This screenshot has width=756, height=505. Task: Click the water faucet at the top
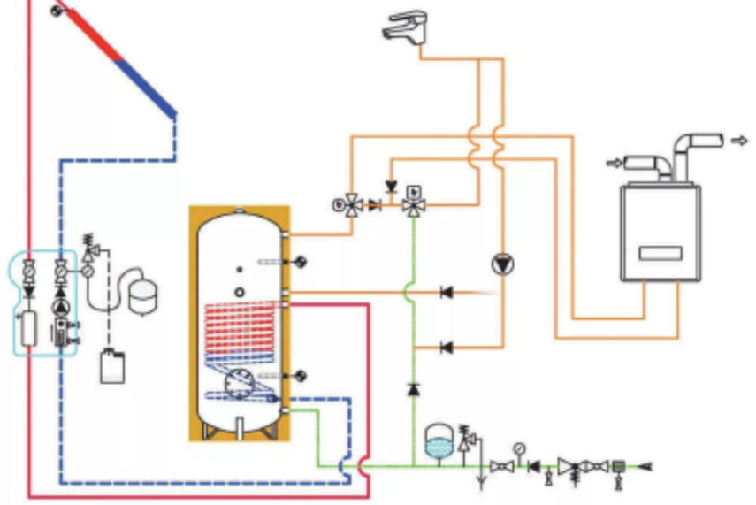pos(405,27)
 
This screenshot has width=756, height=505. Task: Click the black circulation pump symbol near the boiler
pos(503,264)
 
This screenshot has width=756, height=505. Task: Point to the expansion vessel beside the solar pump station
pos(141,296)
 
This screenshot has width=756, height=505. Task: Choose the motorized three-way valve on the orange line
pos(353,205)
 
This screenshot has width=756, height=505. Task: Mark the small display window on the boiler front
pos(660,253)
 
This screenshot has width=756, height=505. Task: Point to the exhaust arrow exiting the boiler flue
pos(739,140)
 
